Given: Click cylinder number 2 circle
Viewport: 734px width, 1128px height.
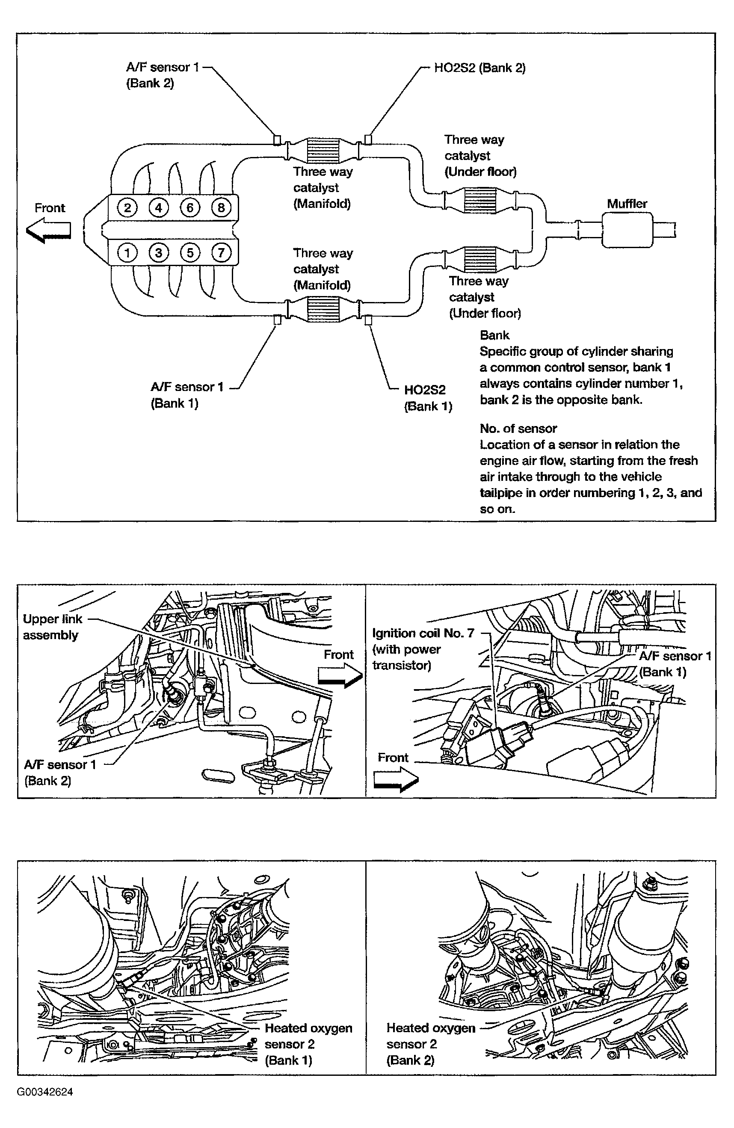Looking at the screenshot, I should tap(127, 207).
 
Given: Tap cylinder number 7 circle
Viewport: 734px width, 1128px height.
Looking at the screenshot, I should tap(221, 253).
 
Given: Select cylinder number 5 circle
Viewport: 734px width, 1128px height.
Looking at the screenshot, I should tap(189, 253).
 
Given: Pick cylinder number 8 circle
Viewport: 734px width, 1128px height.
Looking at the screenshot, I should tap(221, 207).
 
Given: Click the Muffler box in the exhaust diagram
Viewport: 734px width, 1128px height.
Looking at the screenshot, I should tap(627, 230).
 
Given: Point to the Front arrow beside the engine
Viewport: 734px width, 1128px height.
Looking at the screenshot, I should tap(49, 230).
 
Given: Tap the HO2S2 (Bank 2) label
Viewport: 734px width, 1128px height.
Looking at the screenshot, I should tap(479, 68).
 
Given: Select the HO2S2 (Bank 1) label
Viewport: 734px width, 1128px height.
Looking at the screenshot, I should tap(428, 398).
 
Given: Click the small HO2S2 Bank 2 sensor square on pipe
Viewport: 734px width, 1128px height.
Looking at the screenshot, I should tap(368, 139).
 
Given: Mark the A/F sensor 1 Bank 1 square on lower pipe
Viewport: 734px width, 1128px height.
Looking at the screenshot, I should tap(277, 320).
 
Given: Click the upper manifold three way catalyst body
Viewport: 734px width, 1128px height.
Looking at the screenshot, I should tap(324, 150).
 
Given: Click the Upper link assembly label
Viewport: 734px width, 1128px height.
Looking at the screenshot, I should tap(52, 627).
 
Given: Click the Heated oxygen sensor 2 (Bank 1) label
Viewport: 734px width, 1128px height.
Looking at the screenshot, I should tap(308, 1044).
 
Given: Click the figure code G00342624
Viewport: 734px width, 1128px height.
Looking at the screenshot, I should tap(45, 1092).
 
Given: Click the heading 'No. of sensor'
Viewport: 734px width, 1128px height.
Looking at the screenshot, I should tap(518, 429).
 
